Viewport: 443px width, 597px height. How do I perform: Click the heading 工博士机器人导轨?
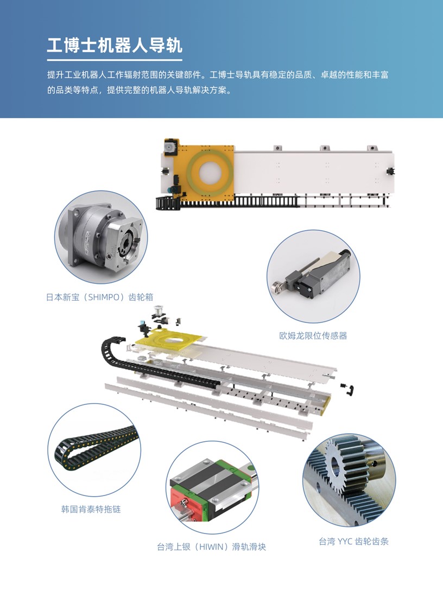pos(115,45)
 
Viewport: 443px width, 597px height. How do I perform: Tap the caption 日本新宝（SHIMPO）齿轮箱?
pos(99,297)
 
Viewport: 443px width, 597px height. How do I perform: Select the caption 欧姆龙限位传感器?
pos(313,336)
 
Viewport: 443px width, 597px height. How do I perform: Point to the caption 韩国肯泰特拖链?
pos(91,509)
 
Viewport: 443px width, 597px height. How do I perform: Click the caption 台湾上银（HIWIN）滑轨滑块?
pos(211,547)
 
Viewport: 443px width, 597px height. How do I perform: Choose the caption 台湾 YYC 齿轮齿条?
pos(354,542)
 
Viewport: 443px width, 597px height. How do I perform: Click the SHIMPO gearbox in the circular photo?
pos(103,238)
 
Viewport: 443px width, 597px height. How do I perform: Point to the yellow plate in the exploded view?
pos(169,341)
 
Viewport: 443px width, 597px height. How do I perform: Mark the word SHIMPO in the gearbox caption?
pos(104,297)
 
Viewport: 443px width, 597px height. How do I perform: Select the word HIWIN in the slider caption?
pos(211,547)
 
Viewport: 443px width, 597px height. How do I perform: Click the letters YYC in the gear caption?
pos(345,542)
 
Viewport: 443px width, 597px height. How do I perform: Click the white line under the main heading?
pos(115,60)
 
